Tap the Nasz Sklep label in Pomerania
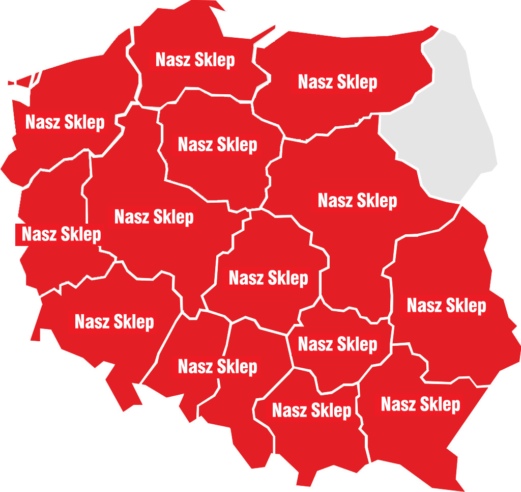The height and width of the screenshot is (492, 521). (x=195, y=60)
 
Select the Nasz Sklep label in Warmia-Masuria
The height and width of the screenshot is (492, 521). (x=337, y=82)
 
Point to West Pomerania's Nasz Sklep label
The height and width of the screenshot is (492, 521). (x=65, y=122)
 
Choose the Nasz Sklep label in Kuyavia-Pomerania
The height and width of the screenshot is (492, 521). (x=217, y=145)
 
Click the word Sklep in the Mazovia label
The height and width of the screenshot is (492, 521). (x=377, y=201)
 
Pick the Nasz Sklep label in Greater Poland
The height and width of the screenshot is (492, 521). (x=154, y=217)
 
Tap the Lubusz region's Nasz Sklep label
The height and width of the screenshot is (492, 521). (x=61, y=235)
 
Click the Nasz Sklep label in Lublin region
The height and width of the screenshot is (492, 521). (x=446, y=306)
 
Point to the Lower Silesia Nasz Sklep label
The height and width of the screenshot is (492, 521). (x=114, y=322)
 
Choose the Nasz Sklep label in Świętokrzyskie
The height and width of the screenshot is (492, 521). (x=337, y=344)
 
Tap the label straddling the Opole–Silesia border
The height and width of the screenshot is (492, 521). (x=217, y=367)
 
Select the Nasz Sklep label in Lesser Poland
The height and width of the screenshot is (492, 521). (x=311, y=411)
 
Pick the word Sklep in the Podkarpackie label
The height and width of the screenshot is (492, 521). (x=440, y=405)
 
